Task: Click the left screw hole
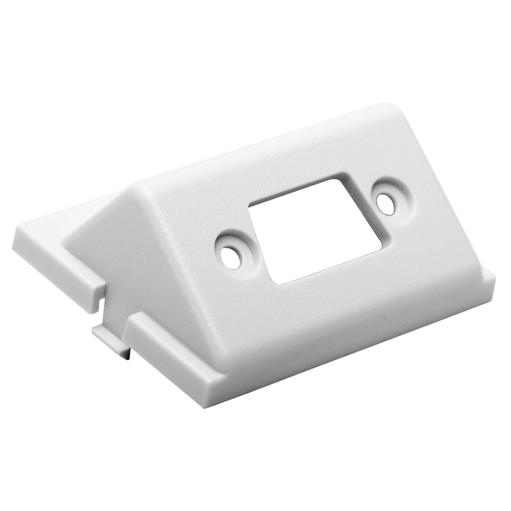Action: click(x=231, y=257)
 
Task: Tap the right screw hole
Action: click(x=385, y=204)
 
